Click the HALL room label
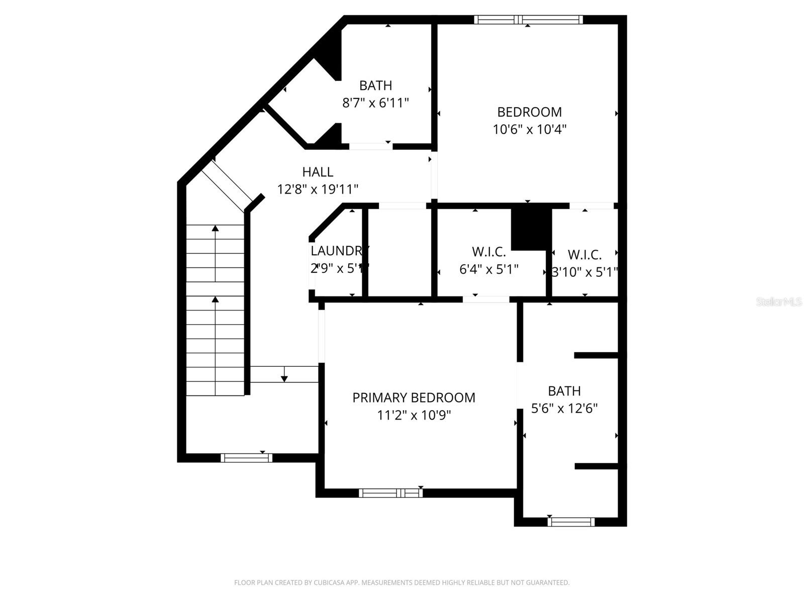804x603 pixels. point(318,172)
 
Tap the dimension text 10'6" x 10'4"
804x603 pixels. point(530,129)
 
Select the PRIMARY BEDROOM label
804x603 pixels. point(414,397)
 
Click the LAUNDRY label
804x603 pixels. point(339,250)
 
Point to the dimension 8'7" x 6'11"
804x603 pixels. point(375,103)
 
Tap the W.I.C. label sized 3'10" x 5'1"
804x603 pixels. point(584,254)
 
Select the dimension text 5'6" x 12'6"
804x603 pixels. point(564,408)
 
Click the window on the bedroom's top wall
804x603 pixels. point(528,20)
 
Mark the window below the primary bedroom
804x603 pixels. point(390,493)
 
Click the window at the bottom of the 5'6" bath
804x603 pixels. point(571,522)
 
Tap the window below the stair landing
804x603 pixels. point(246,458)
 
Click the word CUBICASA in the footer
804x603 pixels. point(332,583)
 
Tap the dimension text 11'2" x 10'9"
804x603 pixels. point(414,415)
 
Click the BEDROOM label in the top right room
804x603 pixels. point(530,112)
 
